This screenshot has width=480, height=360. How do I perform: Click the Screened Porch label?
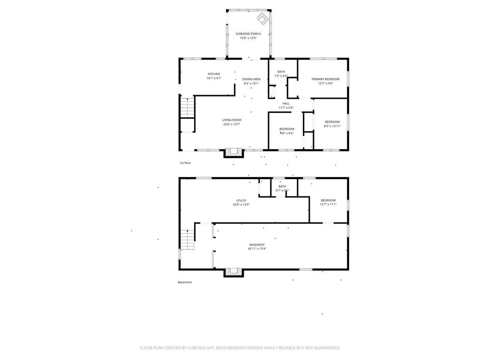pyautogui.click(x=248, y=34)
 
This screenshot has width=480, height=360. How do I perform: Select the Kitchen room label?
pyautogui.click(x=214, y=74)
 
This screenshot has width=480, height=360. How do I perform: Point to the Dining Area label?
pyautogui.click(x=251, y=79)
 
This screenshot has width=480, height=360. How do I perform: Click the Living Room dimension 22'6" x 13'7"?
pyautogui.click(x=232, y=124)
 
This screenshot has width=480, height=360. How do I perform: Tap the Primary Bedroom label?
pyautogui.click(x=325, y=79)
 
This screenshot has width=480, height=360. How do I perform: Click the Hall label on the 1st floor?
pyautogui.click(x=286, y=104)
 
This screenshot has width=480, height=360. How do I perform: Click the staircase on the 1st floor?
pyautogui.click(x=187, y=108)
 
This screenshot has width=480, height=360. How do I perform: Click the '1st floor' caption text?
pyautogui.click(x=185, y=163)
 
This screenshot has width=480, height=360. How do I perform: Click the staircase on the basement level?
pyautogui.click(x=187, y=240)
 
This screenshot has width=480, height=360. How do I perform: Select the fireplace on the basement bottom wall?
pyautogui.click(x=234, y=271)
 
